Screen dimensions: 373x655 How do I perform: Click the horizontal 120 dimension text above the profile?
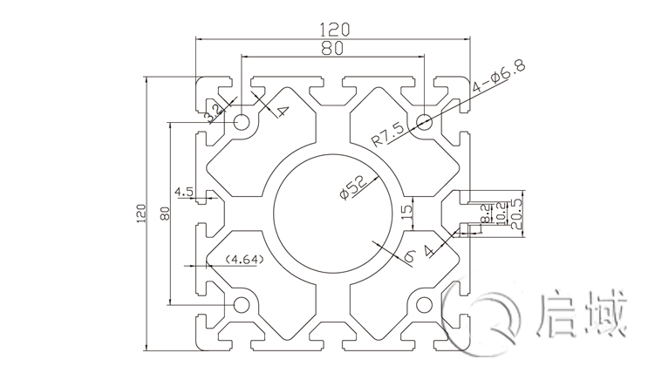pyautogui.click(x=330, y=28)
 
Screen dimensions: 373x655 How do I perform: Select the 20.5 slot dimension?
pyautogui.click(x=515, y=212)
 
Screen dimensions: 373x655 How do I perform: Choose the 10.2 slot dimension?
pyautogui.click(x=501, y=212)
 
